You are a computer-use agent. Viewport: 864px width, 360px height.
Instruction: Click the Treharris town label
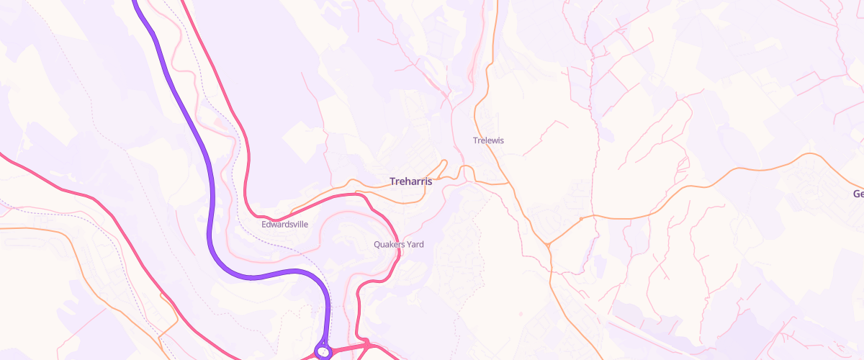[410, 181]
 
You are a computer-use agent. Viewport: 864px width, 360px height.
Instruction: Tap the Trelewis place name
[488, 140]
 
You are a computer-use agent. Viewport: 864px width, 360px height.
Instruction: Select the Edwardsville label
[284, 225]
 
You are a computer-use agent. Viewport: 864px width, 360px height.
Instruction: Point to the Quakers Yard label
[398, 245]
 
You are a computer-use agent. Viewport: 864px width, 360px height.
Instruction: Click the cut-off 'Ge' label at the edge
[858, 194]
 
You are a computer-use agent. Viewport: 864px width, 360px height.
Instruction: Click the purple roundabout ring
[323, 352]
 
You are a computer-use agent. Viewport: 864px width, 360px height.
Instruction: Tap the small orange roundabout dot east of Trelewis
[580, 218]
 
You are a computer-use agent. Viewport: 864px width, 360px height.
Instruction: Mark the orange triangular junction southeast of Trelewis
[548, 246]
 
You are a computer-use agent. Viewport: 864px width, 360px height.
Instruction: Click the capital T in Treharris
[392, 181]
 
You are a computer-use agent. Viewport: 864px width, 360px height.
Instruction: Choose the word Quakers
[389, 245]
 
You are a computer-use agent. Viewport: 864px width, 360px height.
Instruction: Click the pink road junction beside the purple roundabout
[365, 344]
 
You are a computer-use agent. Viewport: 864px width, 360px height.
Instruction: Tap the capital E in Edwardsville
[264, 225]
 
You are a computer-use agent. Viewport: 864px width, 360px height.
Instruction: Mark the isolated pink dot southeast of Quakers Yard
[520, 313]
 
